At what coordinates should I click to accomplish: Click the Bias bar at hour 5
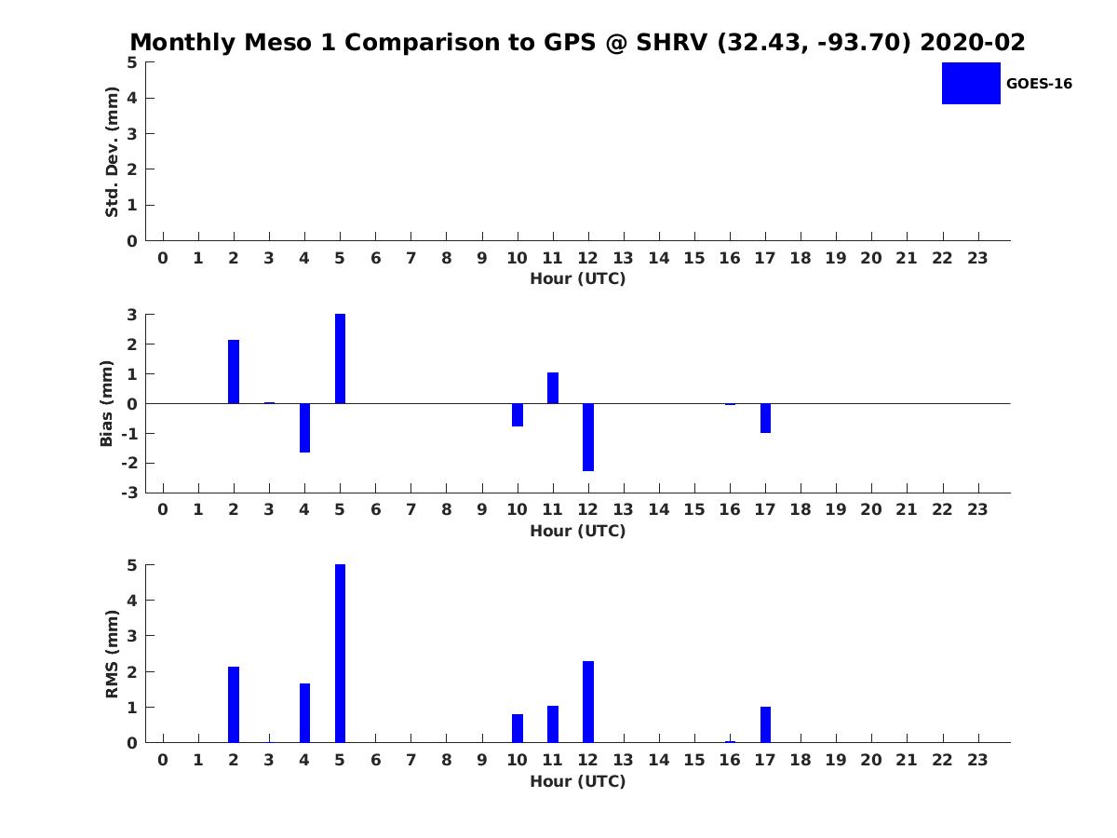tap(340, 358)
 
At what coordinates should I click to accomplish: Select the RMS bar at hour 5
tap(340, 654)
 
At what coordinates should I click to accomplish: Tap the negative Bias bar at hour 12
tap(588, 437)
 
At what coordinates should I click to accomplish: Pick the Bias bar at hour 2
tap(234, 372)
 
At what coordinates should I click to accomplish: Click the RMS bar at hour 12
tap(588, 702)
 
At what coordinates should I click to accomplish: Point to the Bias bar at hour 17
tap(765, 418)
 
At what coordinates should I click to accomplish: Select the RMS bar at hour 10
tap(518, 729)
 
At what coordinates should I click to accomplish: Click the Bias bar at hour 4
tap(304, 428)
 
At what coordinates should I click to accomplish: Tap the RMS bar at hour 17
tap(765, 724)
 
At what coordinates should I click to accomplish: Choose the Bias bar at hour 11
tap(553, 387)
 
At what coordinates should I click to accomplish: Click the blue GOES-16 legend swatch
tap(971, 84)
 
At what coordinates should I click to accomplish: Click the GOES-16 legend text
tap(1039, 84)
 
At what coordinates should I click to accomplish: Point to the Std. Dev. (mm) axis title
tap(112, 152)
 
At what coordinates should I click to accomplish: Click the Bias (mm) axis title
tap(106, 403)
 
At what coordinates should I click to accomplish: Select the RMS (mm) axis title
tap(112, 654)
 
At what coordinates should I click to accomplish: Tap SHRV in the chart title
tap(672, 42)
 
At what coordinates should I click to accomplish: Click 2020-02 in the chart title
tap(973, 42)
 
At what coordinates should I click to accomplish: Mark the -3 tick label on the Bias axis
tap(129, 493)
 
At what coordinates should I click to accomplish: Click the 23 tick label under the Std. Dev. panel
tap(977, 259)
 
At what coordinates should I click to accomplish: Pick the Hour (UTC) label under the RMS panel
tap(578, 781)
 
